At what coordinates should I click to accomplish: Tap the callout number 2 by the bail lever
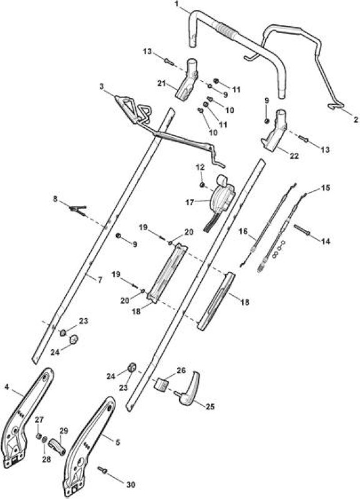(x=356, y=119)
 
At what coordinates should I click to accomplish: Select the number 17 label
(x=190, y=202)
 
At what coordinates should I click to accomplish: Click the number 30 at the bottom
(x=131, y=485)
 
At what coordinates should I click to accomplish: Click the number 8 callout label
(x=56, y=199)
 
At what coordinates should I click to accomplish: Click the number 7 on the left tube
(x=100, y=280)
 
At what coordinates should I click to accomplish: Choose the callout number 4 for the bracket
(x=7, y=386)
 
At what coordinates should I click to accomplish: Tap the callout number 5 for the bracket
(x=118, y=442)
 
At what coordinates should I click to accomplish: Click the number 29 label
(x=64, y=431)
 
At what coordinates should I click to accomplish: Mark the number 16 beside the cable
(x=243, y=231)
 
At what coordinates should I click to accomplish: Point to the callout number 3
(x=102, y=86)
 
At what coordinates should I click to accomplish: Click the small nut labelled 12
(x=202, y=185)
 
